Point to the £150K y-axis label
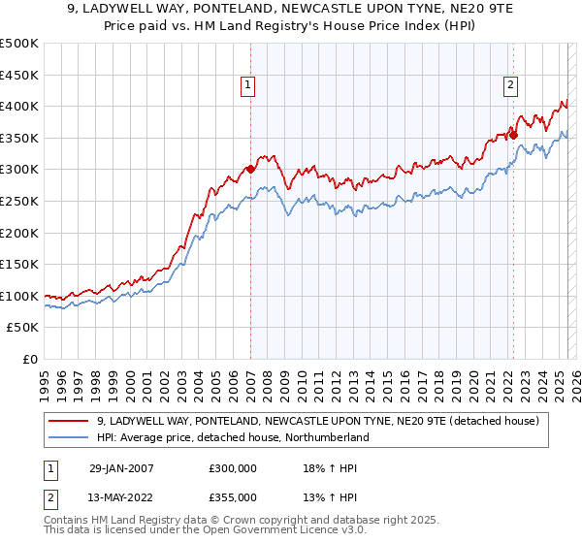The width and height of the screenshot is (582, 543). pos(19,265)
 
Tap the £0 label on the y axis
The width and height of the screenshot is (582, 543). pos(29,360)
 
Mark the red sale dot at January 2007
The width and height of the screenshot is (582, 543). pos(250,169)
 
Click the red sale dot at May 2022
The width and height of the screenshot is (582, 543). pos(513,135)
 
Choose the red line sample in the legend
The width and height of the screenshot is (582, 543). pos(69,421)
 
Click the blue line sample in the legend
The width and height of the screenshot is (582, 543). pos(69,437)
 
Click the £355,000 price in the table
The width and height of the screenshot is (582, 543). pos(232,499)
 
